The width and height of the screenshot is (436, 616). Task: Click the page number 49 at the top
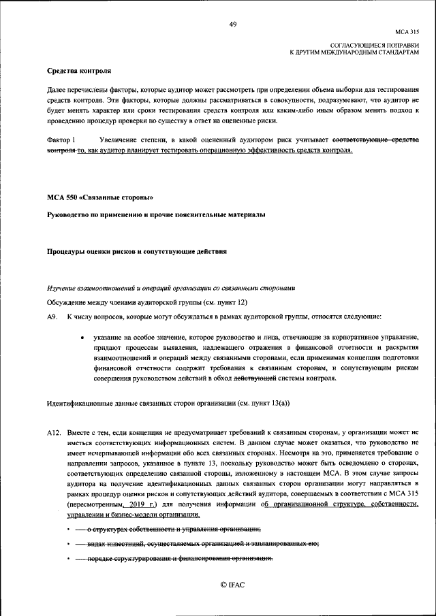(233, 25)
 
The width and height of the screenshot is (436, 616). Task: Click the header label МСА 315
(407, 31)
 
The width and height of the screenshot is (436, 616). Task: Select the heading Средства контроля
(78, 71)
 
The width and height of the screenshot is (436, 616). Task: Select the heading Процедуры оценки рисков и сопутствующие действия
(136, 251)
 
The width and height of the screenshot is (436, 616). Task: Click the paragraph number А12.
(54, 432)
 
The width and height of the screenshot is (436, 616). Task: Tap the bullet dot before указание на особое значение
(82, 337)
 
